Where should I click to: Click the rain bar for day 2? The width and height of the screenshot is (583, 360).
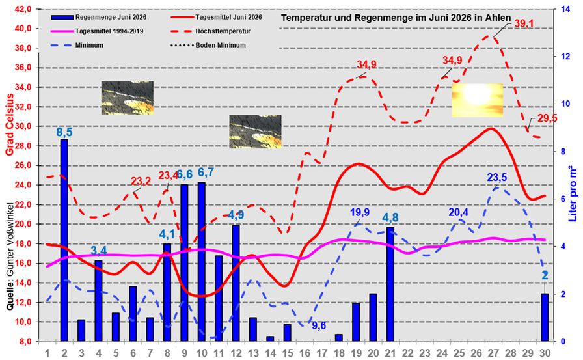pos(64,240)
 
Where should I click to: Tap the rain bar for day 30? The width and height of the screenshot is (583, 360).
pos(545,317)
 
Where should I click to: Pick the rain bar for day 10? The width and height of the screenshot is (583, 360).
pos(202,262)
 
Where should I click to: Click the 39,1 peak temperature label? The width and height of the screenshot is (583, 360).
pos(524,24)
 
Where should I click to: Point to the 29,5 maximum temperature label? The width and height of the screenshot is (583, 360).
pos(547,118)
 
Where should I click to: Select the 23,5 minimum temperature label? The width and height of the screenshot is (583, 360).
pos(497,178)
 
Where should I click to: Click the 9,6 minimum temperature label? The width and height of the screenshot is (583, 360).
pos(319,326)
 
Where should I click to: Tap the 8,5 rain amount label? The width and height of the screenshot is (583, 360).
pos(64,132)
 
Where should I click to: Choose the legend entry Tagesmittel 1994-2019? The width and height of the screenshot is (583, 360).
pos(97,31)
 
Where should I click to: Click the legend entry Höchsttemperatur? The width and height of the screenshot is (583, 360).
pos(210,31)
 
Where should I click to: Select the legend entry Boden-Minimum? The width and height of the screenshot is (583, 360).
pos(208,46)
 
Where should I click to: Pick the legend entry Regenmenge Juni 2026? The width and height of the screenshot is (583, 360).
pos(98,17)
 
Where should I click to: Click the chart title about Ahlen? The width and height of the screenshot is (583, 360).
pos(396,18)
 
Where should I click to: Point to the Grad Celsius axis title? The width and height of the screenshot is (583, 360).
pos(9,124)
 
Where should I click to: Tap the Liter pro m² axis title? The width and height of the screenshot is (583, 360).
pos(573,193)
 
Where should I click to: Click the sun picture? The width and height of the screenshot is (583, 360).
pos(478,100)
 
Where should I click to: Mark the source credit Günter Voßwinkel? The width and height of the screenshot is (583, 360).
pos(10,256)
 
